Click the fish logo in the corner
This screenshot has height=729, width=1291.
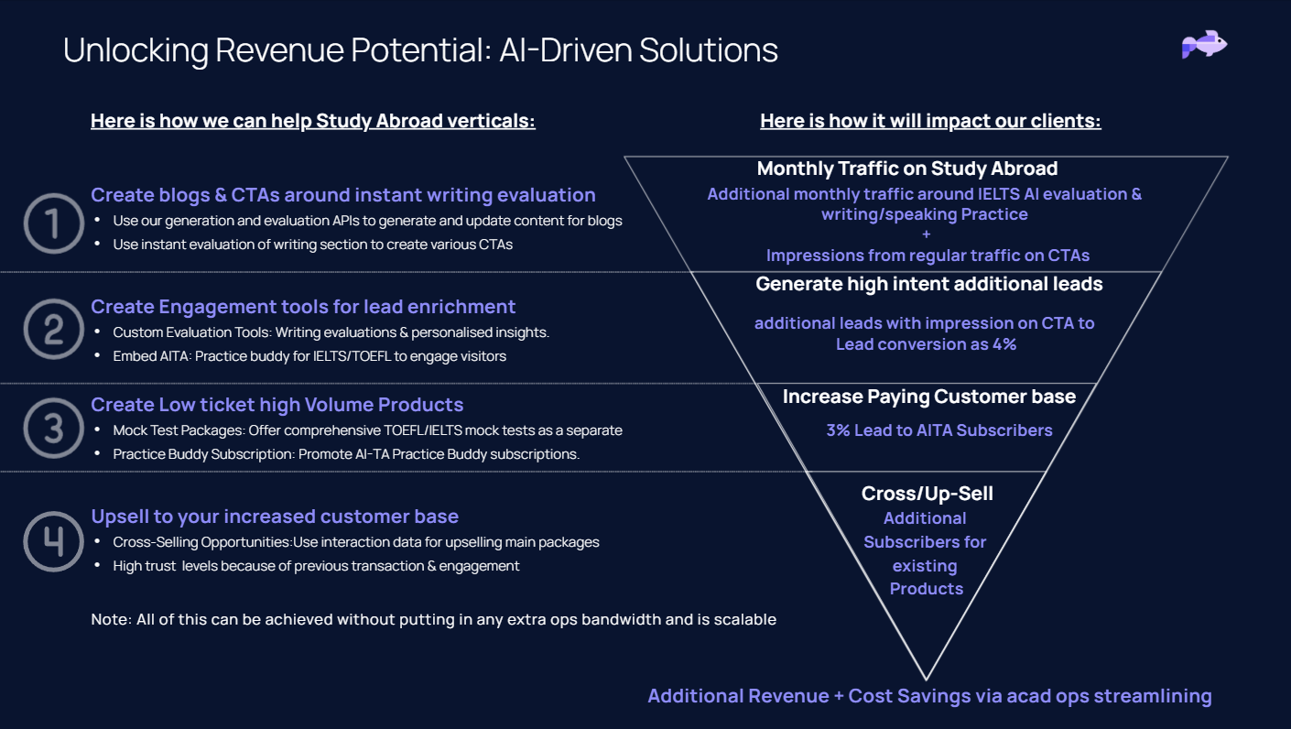click(x=1204, y=44)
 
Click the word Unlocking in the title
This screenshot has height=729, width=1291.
click(x=136, y=50)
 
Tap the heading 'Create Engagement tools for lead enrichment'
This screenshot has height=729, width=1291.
click(x=303, y=307)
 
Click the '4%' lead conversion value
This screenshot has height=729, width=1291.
click(x=1004, y=344)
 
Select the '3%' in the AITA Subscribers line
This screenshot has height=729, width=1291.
click(x=838, y=430)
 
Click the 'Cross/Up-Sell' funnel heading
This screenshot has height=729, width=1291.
click(x=927, y=494)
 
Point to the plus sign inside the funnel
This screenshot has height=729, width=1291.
click(x=927, y=234)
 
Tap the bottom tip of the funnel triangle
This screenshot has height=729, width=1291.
click(x=927, y=679)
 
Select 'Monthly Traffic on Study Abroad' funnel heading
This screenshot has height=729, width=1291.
click(x=907, y=169)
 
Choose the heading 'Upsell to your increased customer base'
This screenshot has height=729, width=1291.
click(x=275, y=517)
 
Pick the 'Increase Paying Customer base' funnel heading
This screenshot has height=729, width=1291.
click(x=929, y=397)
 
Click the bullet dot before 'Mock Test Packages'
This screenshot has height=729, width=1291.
click(x=97, y=430)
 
